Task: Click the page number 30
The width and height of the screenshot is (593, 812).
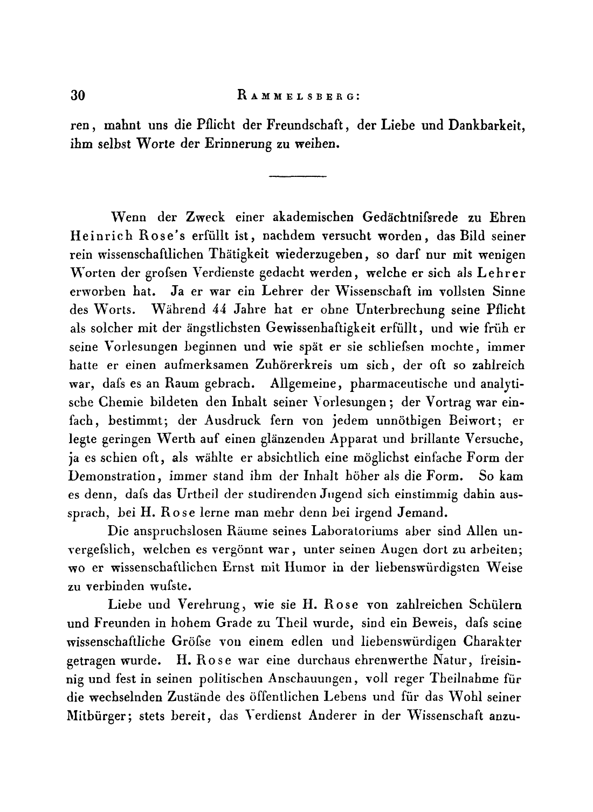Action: pyautogui.click(x=79, y=95)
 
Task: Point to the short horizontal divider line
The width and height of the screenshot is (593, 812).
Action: pyautogui.click(x=298, y=176)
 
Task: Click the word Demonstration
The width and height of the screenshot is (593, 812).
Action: pyautogui.click(x=113, y=477)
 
